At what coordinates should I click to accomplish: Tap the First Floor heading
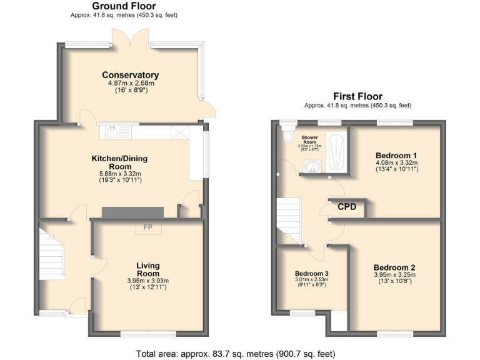(x=357, y=96)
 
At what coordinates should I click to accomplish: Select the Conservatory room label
(x=131, y=75)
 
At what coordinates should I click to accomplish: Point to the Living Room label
(x=148, y=269)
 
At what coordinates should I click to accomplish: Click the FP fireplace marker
(x=148, y=227)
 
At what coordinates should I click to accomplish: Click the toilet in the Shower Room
(x=288, y=135)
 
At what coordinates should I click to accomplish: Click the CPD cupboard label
(x=347, y=206)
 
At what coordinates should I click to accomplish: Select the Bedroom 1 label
(x=396, y=155)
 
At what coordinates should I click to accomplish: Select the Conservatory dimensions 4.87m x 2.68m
(x=131, y=83)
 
